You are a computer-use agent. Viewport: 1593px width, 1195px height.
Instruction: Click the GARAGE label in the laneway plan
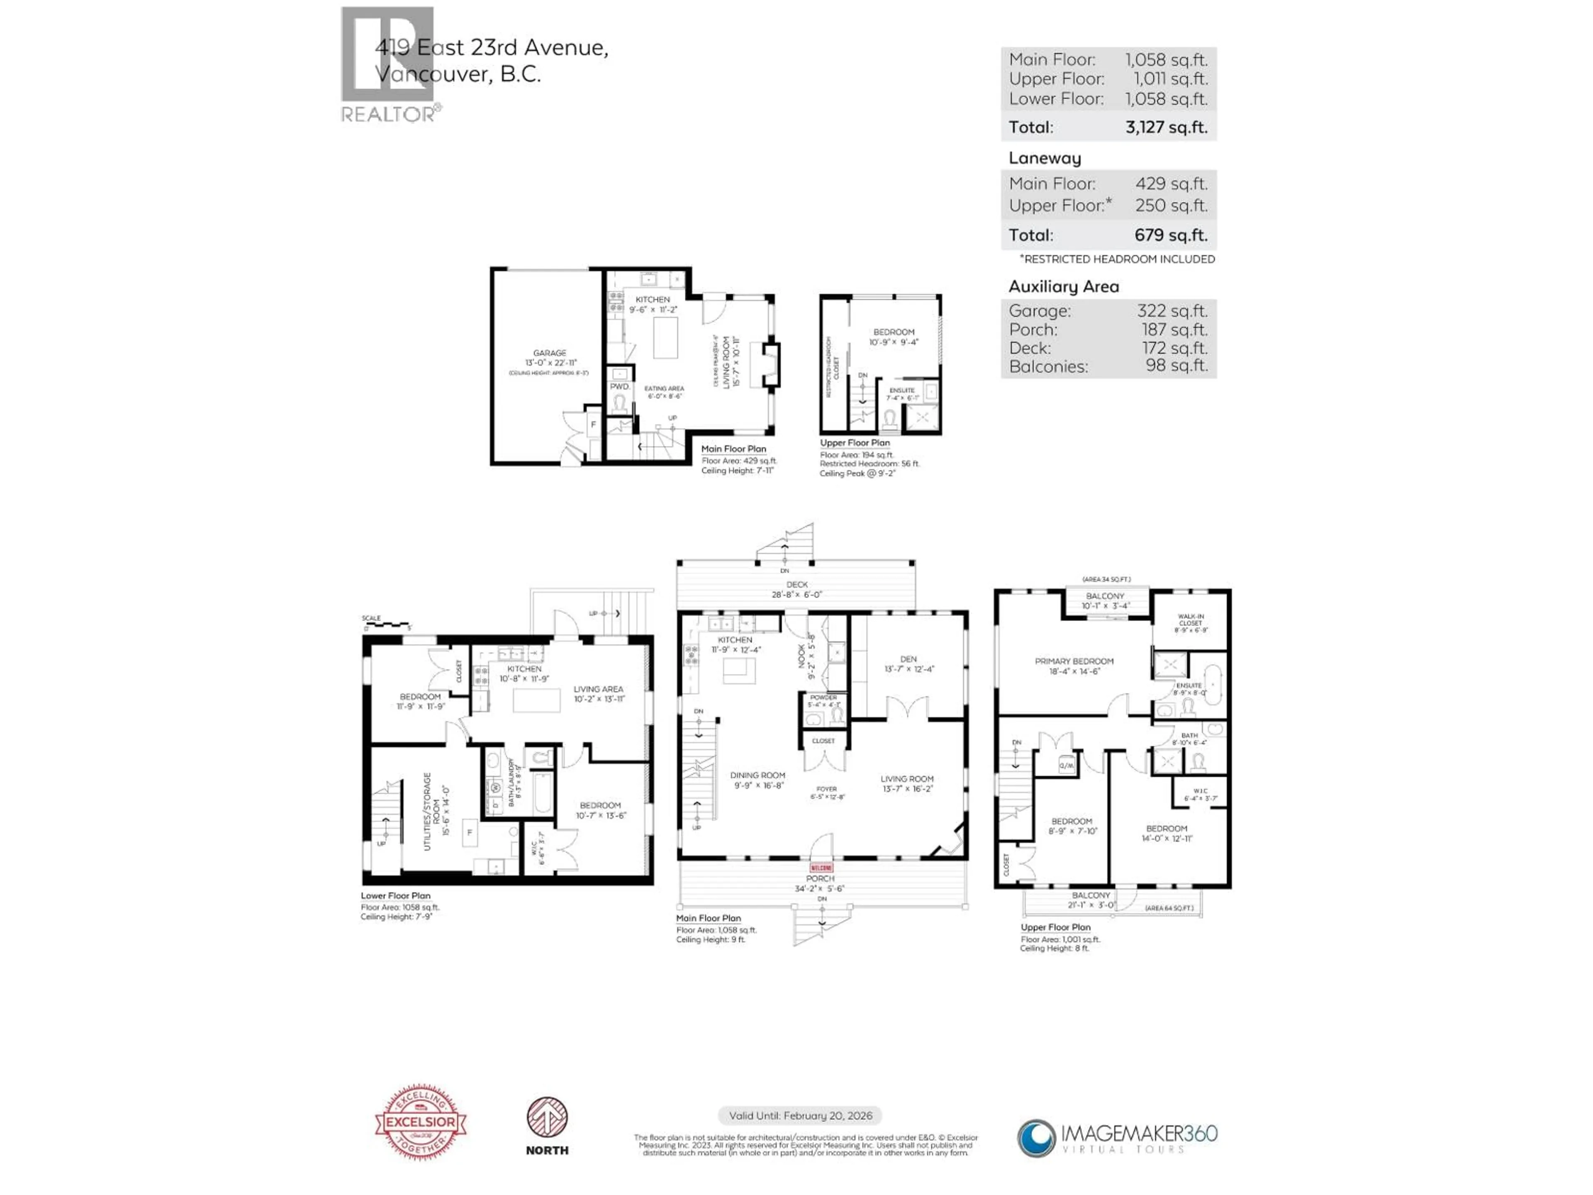click(x=550, y=353)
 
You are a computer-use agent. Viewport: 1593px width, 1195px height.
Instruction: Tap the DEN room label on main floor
click(x=908, y=659)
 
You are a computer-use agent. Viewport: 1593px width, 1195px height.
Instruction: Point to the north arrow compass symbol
click(x=547, y=1118)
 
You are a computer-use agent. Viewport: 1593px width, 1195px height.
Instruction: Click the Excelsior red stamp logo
click(x=421, y=1122)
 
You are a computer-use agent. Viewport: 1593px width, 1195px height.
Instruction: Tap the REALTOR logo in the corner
click(x=389, y=65)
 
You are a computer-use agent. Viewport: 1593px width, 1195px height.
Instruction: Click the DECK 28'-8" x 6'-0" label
click(x=796, y=589)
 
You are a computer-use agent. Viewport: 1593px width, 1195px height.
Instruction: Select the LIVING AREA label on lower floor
click(x=598, y=689)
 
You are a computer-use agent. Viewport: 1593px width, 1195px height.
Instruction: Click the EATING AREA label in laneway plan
click(x=664, y=389)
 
